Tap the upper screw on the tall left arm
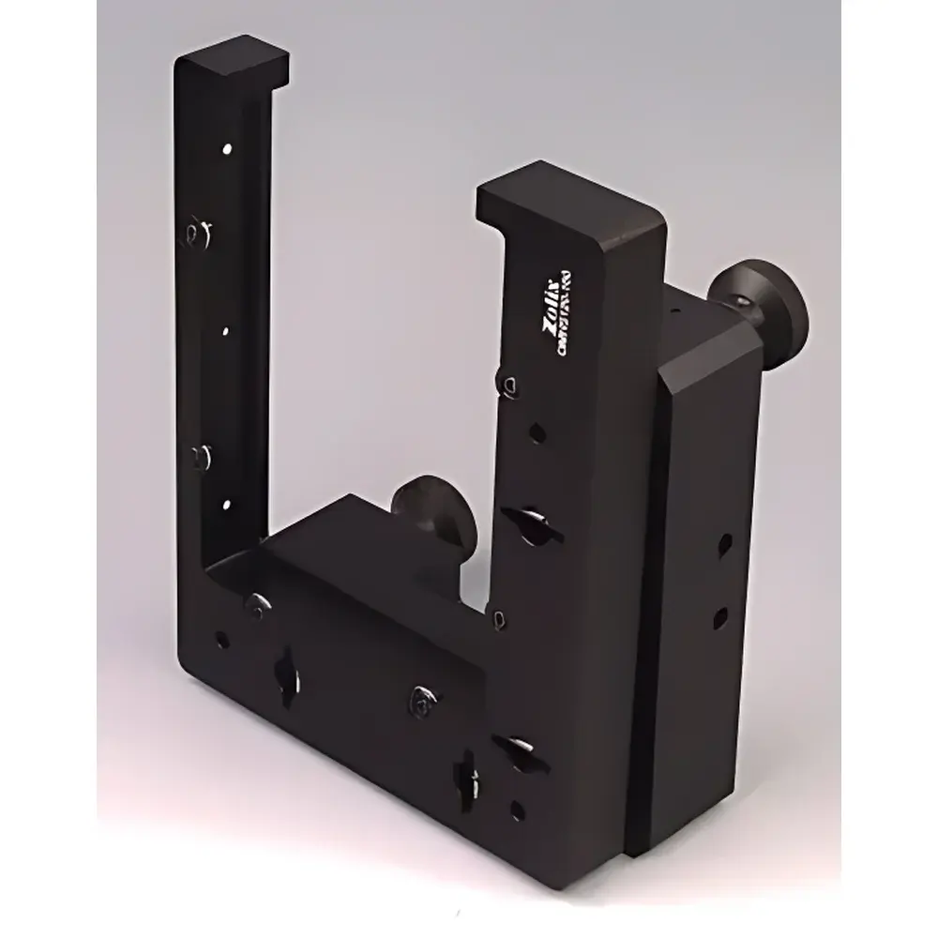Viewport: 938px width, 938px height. (197, 230)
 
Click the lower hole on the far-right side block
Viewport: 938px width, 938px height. (720, 615)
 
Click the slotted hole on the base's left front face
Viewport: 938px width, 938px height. (283, 674)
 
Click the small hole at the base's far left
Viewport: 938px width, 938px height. (221, 641)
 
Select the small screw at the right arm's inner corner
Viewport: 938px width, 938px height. (499, 616)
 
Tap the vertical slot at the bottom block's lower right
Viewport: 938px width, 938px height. (467, 774)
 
